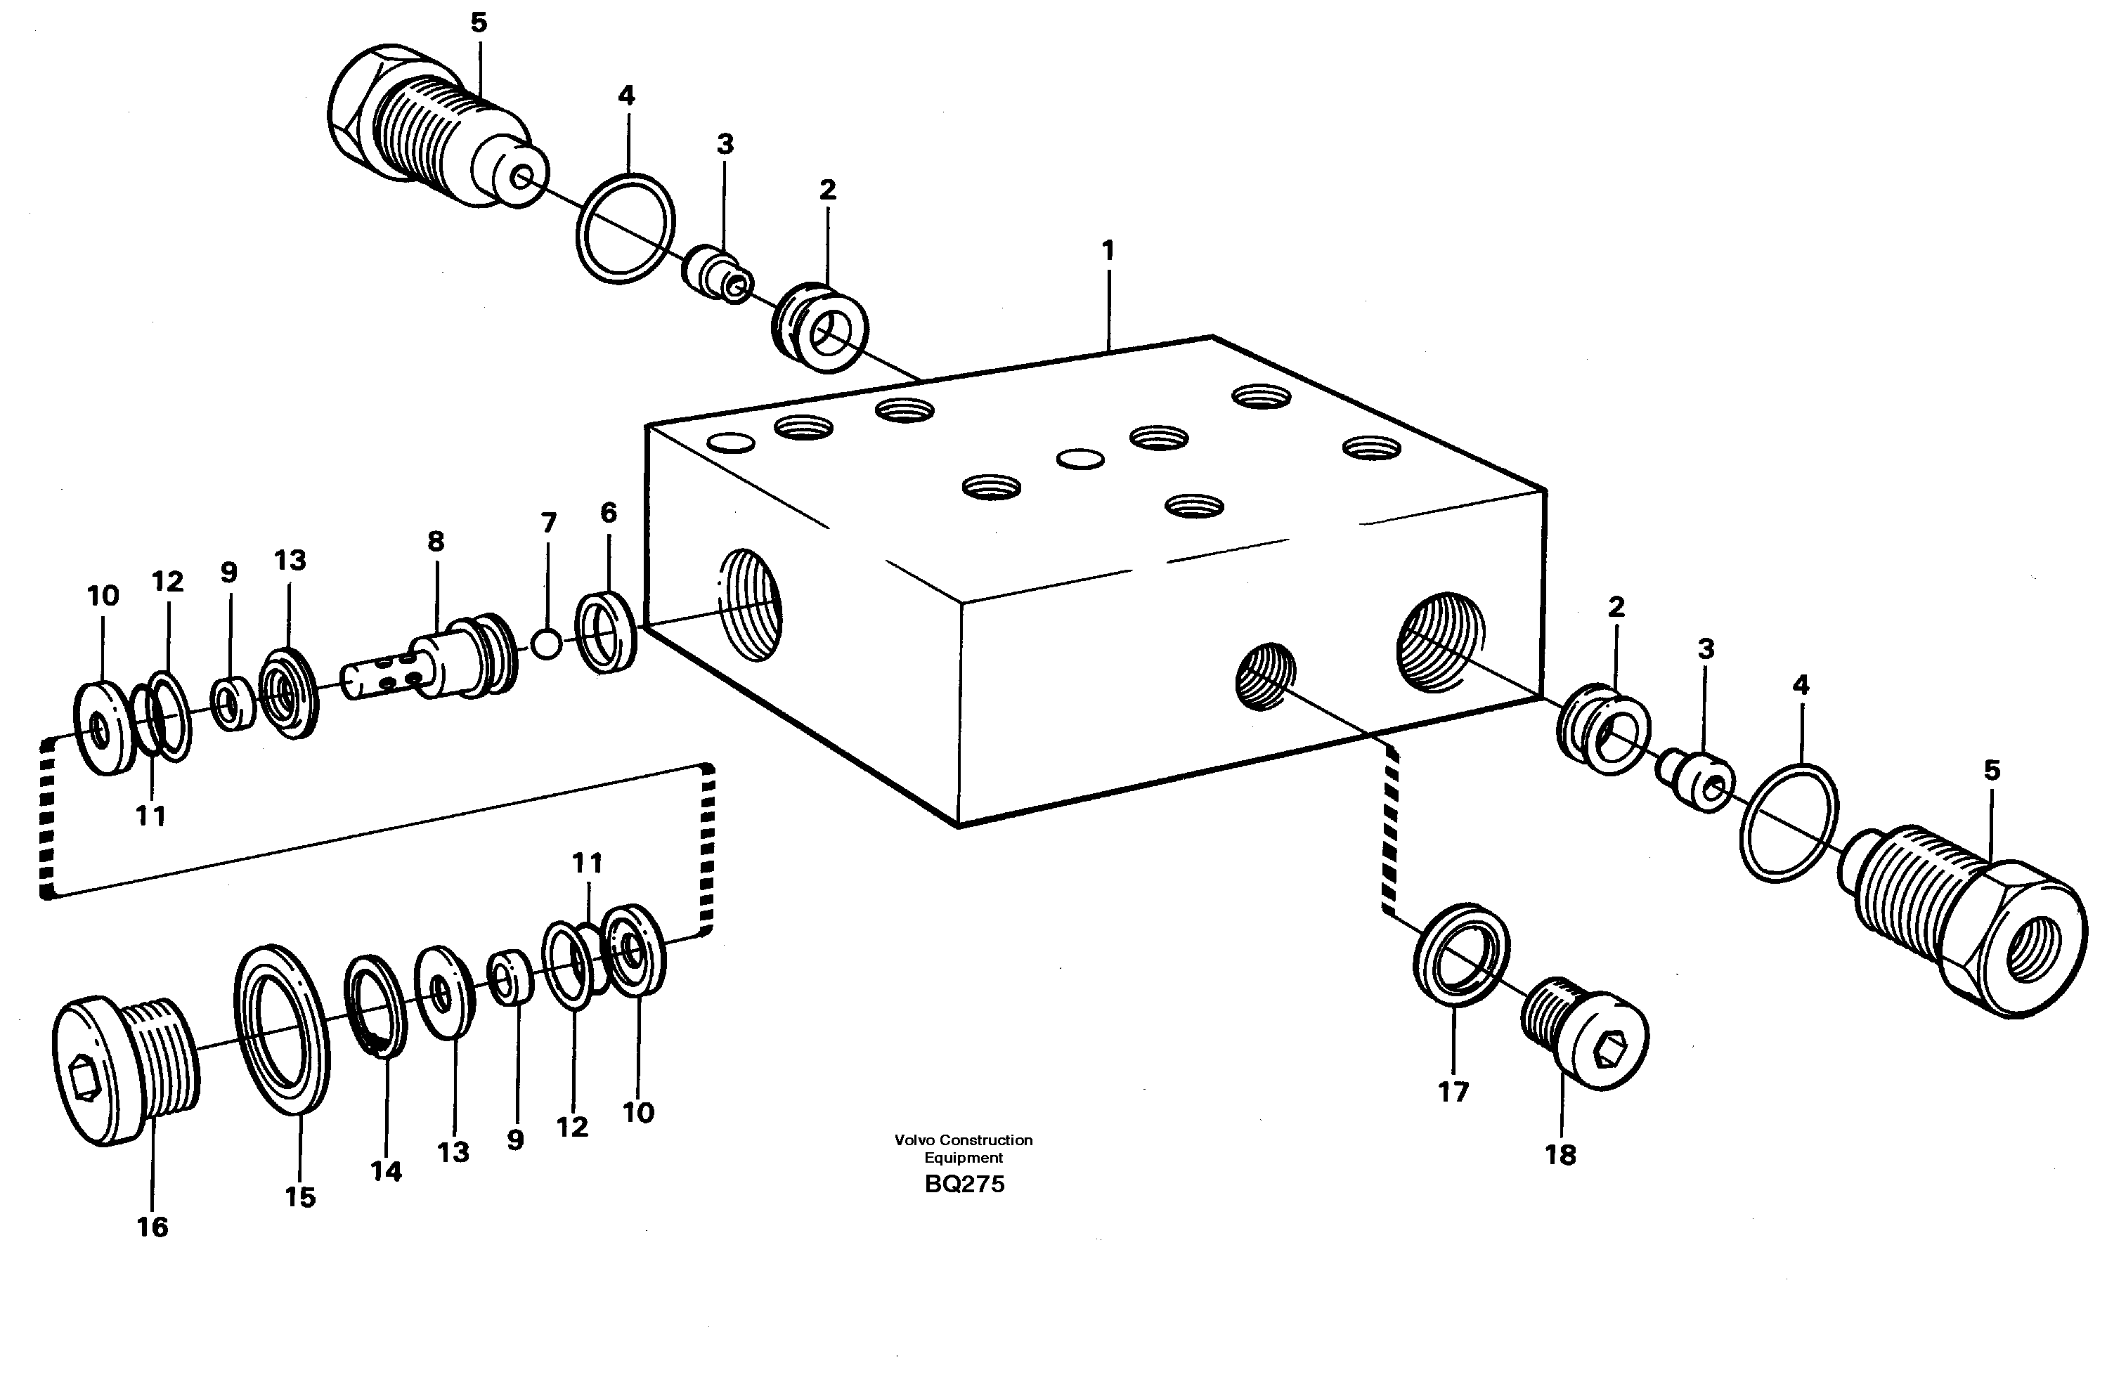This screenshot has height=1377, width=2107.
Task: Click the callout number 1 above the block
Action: click(x=1108, y=250)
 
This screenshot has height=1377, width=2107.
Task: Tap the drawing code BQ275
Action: click(x=964, y=1184)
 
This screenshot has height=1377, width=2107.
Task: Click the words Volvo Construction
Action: click(x=964, y=1140)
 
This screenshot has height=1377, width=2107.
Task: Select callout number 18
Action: click(x=1561, y=1155)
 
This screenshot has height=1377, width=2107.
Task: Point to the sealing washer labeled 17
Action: click(x=1460, y=955)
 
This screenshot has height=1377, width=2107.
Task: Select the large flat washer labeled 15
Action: click(x=283, y=1030)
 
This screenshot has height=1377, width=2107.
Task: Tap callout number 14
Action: click(x=386, y=1172)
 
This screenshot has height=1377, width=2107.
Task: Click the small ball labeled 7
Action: click(x=548, y=644)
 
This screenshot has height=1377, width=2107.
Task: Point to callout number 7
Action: click(x=549, y=523)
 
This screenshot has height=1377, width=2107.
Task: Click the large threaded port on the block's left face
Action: click(x=749, y=603)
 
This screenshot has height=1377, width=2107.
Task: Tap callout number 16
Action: click(x=153, y=1227)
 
